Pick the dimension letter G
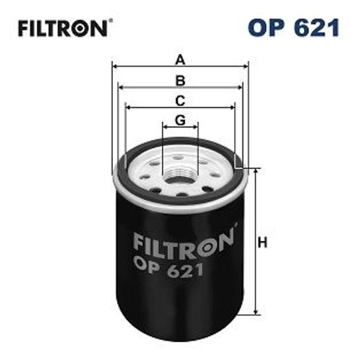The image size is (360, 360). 180,119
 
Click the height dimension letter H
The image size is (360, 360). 263,243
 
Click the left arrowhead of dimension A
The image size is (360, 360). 115,67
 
